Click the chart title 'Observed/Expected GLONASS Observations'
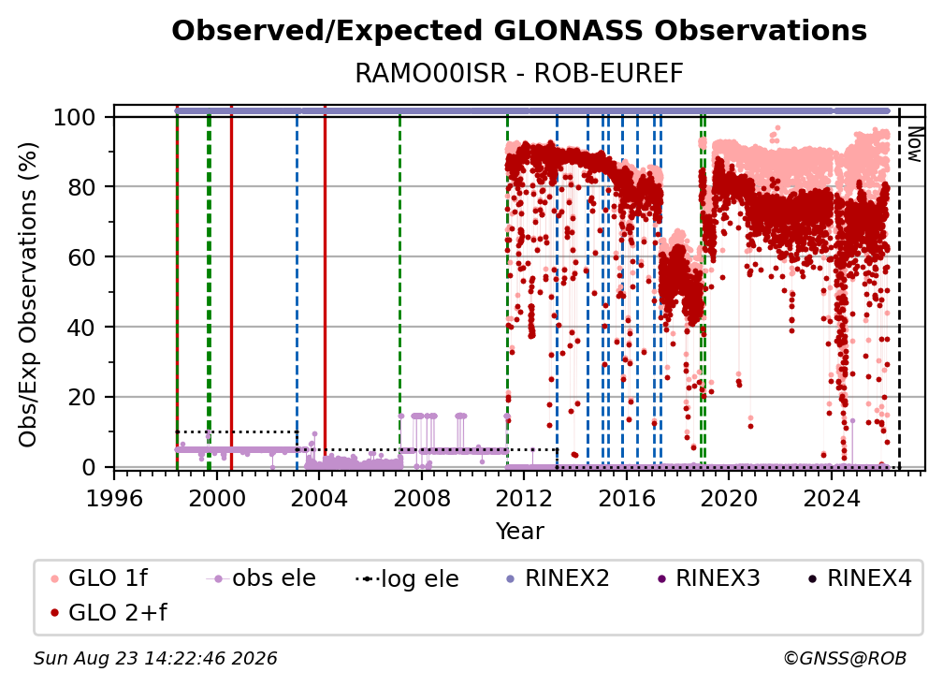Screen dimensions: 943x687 point(519,31)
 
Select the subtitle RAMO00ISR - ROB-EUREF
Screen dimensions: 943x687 point(519,74)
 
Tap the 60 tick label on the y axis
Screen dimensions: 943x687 point(81,256)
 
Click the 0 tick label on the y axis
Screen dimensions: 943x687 point(89,467)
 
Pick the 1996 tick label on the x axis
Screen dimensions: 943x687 point(114,498)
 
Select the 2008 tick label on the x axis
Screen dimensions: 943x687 point(422,498)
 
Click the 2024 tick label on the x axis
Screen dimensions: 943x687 point(831,498)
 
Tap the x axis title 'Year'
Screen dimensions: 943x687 point(519,532)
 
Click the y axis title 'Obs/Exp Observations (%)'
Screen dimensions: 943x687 point(28,295)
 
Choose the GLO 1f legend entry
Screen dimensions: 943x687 point(100,578)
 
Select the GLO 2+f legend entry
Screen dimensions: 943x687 point(109,612)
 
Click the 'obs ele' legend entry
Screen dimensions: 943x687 point(261,578)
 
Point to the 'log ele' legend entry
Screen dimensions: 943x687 point(407,578)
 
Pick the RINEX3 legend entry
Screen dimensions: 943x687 point(708,578)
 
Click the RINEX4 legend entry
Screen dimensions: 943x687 point(860,578)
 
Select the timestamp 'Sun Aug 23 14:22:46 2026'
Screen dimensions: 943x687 point(155,659)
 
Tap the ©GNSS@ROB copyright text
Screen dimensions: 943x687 point(845,659)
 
